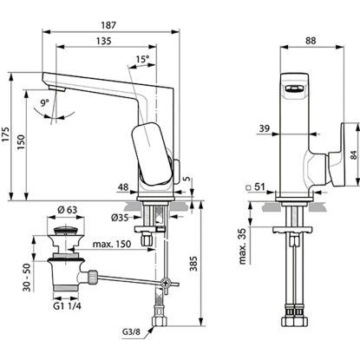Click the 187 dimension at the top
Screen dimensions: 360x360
click(x=108, y=25)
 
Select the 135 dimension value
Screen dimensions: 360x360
click(x=103, y=41)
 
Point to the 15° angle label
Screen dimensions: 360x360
click(x=142, y=59)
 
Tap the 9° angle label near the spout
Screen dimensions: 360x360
click(x=45, y=102)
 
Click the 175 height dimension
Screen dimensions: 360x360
click(x=6, y=134)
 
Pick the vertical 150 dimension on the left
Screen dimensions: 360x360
click(x=21, y=141)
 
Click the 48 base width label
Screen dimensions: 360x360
click(x=123, y=187)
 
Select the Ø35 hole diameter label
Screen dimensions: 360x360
click(x=120, y=218)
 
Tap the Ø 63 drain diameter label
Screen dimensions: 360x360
click(x=68, y=210)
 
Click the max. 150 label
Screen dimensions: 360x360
click(x=112, y=244)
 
